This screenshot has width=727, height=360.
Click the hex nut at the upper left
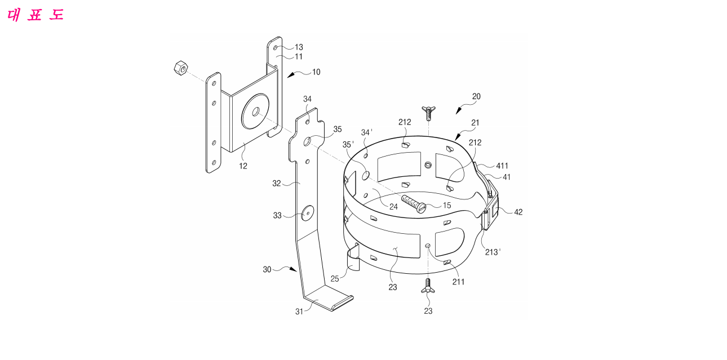tap(181, 68)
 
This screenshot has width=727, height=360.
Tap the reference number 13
tap(299, 47)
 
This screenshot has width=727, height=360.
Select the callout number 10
tap(316, 72)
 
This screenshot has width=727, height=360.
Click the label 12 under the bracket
tap(243, 166)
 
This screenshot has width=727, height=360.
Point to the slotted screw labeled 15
tap(414, 204)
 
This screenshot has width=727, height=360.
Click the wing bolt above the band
tap(428, 113)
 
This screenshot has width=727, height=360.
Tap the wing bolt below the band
tap(428, 286)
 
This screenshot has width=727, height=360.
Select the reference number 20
tap(476, 97)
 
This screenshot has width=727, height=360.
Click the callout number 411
tap(502, 166)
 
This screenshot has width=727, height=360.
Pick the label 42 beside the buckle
tap(518, 212)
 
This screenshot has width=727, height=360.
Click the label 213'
tap(493, 252)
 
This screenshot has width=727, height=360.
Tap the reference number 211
tap(458, 282)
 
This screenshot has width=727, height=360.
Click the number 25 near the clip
tap(335, 279)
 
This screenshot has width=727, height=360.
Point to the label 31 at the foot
tap(299, 312)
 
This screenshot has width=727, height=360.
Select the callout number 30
tap(267, 269)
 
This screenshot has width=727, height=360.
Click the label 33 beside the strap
tap(277, 216)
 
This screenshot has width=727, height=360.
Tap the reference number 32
tap(277, 184)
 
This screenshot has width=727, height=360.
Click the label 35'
tap(348, 145)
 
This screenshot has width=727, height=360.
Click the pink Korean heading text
tap(36, 15)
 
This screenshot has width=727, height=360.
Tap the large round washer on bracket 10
tap(255, 112)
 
